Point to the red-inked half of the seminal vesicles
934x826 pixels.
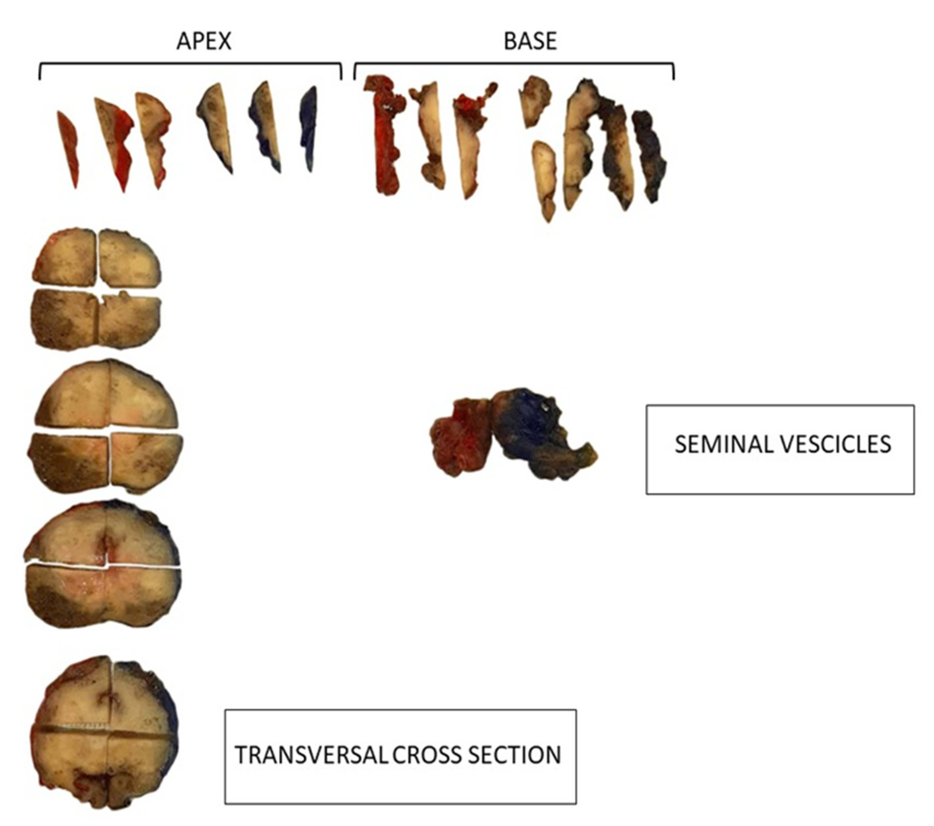point(457,439)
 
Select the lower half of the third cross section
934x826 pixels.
point(103,596)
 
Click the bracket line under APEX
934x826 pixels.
point(190,64)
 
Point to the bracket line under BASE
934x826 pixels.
point(514,64)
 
